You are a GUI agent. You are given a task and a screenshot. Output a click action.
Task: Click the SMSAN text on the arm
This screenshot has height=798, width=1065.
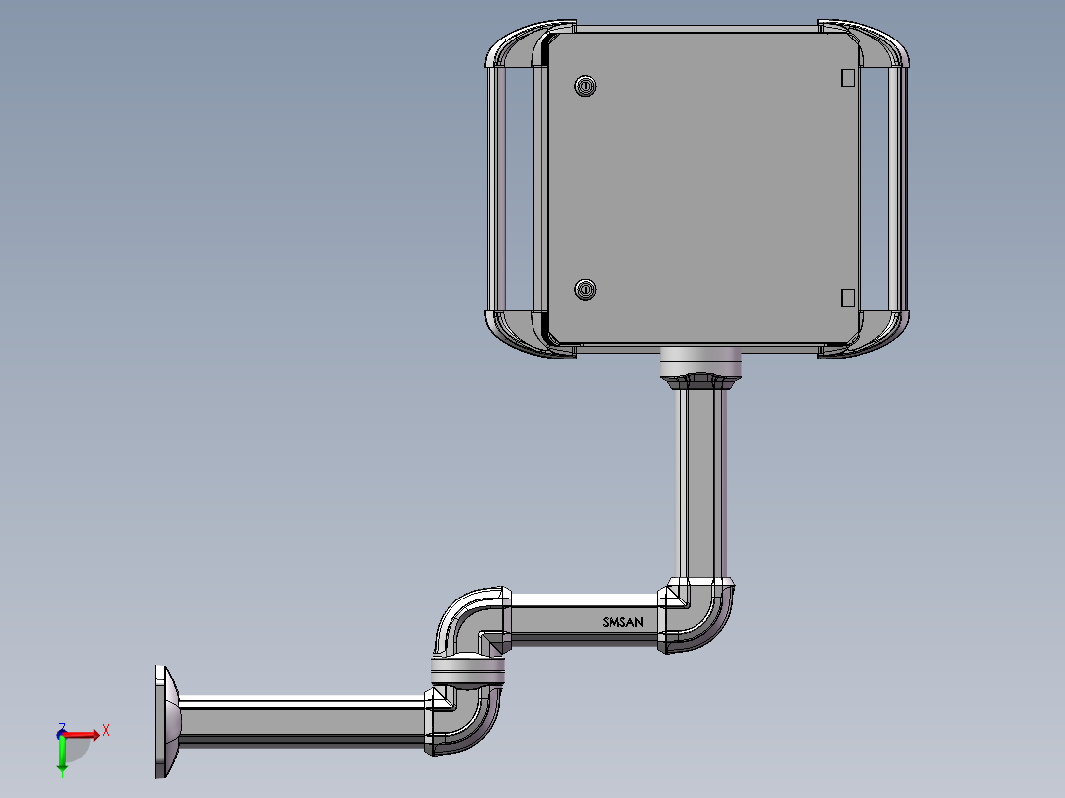tap(622, 622)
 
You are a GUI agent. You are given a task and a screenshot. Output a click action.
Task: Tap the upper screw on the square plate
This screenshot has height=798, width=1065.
tap(585, 86)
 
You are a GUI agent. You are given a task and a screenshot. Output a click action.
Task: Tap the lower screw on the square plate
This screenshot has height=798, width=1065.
tap(585, 290)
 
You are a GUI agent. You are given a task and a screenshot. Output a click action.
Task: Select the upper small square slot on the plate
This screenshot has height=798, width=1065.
tap(847, 78)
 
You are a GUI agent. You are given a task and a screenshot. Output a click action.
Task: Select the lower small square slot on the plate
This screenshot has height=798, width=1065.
tap(847, 298)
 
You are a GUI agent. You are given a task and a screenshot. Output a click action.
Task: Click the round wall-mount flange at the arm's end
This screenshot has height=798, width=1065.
tap(166, 722)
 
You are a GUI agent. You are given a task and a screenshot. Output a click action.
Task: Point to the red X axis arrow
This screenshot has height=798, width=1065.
tap(81, 735)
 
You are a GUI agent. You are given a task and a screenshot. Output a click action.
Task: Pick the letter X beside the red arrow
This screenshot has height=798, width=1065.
tap(106, 731)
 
